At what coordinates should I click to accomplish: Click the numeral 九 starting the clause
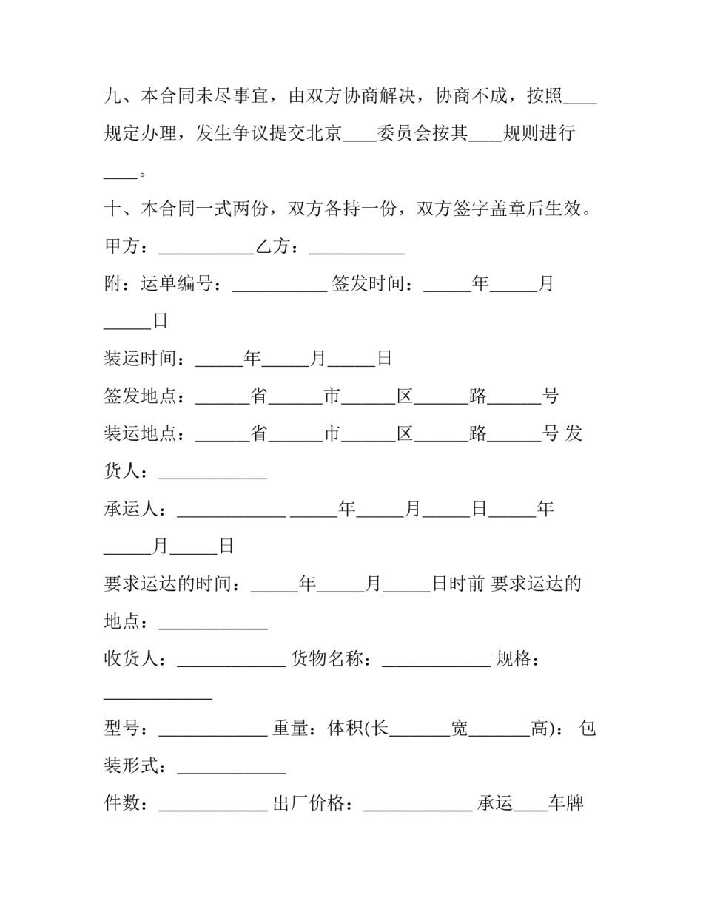[112, 96]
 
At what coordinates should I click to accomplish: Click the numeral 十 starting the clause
[112, 209]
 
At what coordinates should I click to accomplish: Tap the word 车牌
[566, 802]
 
